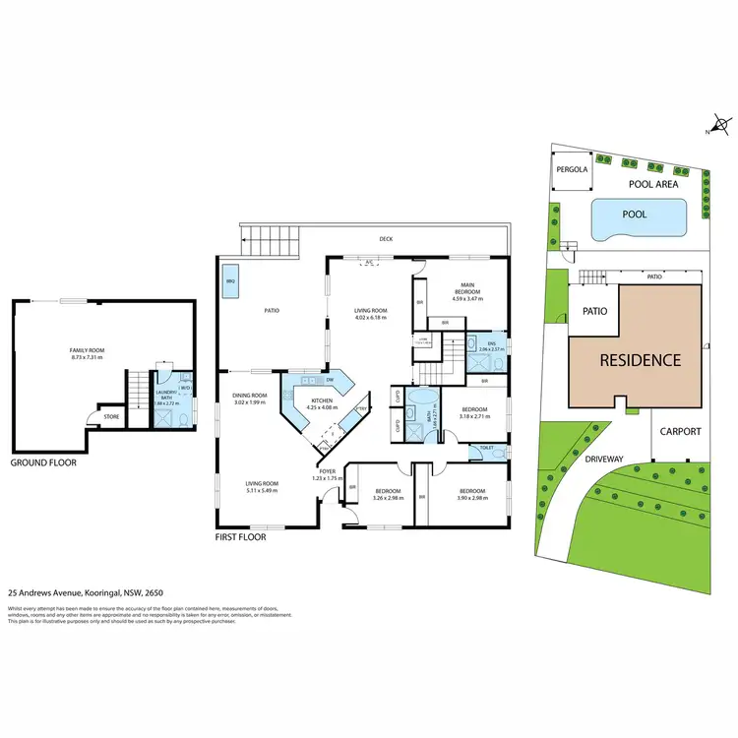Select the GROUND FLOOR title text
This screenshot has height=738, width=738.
click(x=42, y=461)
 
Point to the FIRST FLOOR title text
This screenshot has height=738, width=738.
click(x=241, y=539)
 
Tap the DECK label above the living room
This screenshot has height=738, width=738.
click(x=387, y=238)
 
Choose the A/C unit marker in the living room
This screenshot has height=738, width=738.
click(x=369, y=262)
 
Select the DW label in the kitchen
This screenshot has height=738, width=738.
click(x=330, y=380)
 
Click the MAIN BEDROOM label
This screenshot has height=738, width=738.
click(x=468, y=288)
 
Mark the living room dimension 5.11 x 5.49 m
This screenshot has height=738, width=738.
click(x=263, y=489)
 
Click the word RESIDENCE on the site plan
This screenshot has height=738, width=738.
click(x=642, y=360)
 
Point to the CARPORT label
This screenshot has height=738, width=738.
click(x=681, y=431)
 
